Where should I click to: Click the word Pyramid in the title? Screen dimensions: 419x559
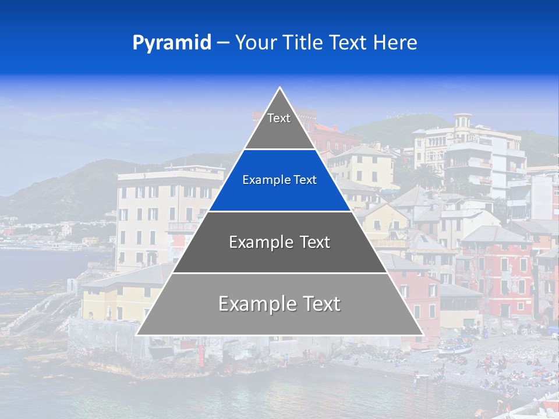172,43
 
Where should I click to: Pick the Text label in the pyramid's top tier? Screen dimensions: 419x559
279,118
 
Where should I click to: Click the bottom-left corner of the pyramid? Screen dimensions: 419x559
137,335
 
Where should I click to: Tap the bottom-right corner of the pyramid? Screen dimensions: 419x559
423,335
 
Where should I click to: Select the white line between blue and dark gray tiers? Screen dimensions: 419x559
279,211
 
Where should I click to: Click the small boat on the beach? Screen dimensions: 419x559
455,349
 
